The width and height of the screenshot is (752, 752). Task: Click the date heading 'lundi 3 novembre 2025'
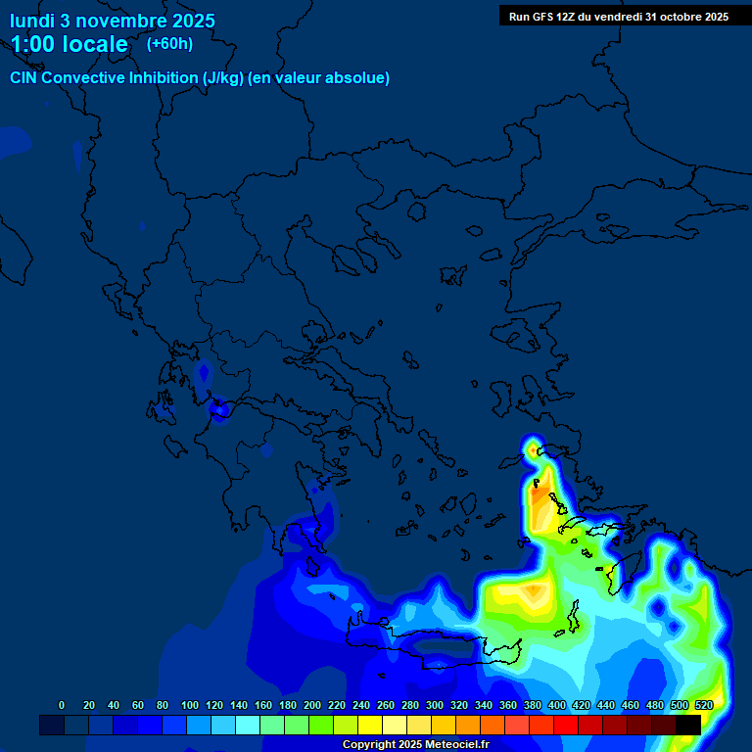click(113, 21)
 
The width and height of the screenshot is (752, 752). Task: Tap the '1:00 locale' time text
click(69, 44)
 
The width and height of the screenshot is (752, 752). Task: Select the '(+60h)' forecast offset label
click(169, 43)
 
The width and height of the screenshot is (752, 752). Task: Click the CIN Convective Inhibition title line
click(200, 78)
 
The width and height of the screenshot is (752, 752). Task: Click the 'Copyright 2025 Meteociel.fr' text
click(415, 744)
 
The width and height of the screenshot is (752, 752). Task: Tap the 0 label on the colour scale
click(62, 705)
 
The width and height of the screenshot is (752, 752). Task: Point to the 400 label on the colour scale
click(556, 705)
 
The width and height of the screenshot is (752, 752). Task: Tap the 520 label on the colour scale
click(703, 705)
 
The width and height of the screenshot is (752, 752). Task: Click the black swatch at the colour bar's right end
click(688, 726)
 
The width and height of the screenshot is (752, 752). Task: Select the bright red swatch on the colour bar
click(566, 726)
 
